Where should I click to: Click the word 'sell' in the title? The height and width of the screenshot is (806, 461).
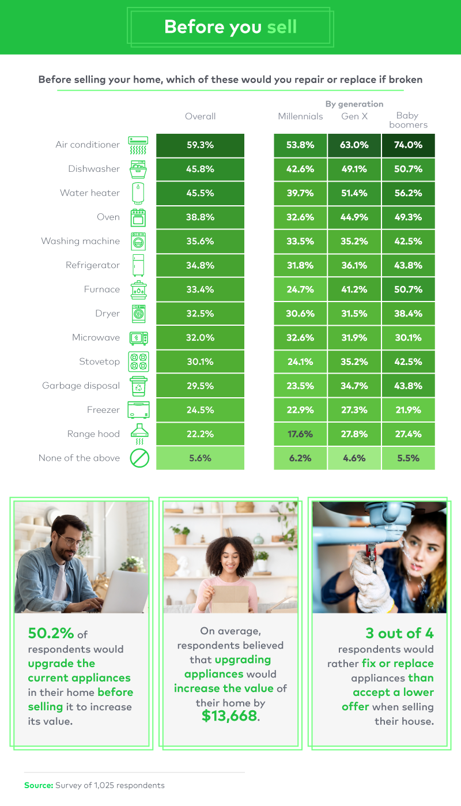282,27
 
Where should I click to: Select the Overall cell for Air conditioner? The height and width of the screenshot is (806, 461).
200,145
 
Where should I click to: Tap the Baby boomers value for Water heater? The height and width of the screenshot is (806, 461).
409,193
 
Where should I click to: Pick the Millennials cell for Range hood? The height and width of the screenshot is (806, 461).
300,434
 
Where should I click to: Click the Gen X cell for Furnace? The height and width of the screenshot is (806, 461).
354,289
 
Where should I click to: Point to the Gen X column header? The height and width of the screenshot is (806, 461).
354,116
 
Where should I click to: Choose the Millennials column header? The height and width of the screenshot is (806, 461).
300,116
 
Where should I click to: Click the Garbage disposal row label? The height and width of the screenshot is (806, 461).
81,386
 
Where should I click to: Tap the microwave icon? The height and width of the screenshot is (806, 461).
138,338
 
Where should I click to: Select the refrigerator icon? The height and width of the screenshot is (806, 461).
138,265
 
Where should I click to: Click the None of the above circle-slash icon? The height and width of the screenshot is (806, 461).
139,458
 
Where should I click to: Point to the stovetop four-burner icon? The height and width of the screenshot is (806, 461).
138,362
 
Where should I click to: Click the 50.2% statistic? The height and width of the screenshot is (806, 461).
51,633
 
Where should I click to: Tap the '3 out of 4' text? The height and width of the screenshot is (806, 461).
399,633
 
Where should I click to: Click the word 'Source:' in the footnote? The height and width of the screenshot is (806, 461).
38,785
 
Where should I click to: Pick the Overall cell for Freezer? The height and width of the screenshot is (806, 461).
200,410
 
